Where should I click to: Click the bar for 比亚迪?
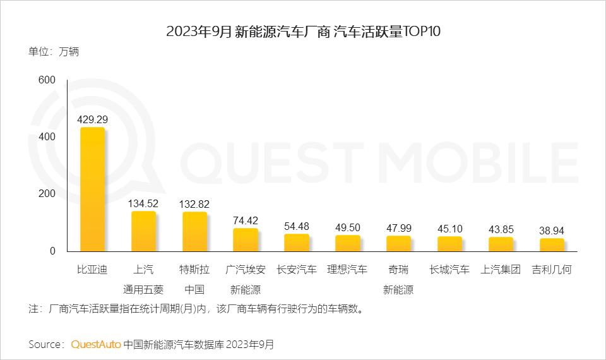click(x=92, y=189)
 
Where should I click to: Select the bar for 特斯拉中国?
click(x=194, y=232)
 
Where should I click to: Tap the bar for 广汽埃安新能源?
click(x=246, y=240)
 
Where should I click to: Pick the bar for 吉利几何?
click(x=551, y=245)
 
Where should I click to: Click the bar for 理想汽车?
click(x=347, y=243)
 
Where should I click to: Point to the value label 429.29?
click(x=92, y=118)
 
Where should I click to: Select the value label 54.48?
click(x=296, y=226)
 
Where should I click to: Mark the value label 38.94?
click(x=551, y=231)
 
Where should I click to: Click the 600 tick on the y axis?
click(x=47, y=80)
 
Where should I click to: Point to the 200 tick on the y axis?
click(x=47, y=194)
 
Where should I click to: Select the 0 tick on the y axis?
click(x=52, y=251)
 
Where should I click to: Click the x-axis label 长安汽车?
click(x=296, y=270)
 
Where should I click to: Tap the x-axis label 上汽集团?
click(x=500, y=270)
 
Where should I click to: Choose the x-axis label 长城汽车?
click(x=449, y=270)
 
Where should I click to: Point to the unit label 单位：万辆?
click(x=54, y=52)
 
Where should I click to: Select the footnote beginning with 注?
click(x=196, y=309)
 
